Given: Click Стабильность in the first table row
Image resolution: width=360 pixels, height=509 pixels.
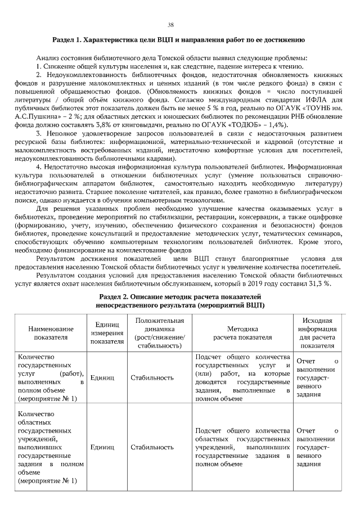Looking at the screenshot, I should point(152,377).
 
